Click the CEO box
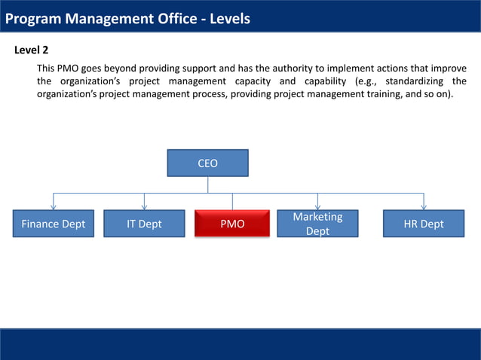[x=207, y=163]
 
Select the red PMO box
[x=232, y=224]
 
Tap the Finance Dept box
[x=53, y=224]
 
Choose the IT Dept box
[x=144, y=224]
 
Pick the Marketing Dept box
[x=317, y=224]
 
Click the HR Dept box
[x=424, y=224]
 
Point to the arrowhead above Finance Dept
[x=53, y=206]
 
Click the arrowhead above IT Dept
[x=144, y=206]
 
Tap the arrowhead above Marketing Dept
[x=317, y=206]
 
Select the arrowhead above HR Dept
[x=424, y=206]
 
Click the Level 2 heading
[x=32, y=50]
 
